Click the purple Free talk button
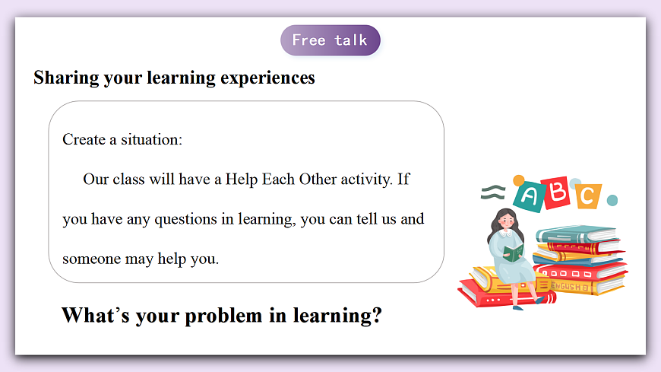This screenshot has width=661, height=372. click(x=330, y=40)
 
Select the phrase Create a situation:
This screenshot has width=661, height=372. click(x=122, y=140)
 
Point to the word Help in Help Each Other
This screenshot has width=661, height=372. click(x=242, y=180)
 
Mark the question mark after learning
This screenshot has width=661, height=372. click(x=375, y=314)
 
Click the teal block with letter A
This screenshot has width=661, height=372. click(x=530, y=197)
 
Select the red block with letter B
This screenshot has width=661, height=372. click(x=557, y=192)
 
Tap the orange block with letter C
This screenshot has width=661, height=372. click(x=587, y=196)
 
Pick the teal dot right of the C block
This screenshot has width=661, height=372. click(x=612, y=200)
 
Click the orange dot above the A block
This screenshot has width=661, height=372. click(x=519, y=180)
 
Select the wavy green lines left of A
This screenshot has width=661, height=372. click(x=493, y=192)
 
